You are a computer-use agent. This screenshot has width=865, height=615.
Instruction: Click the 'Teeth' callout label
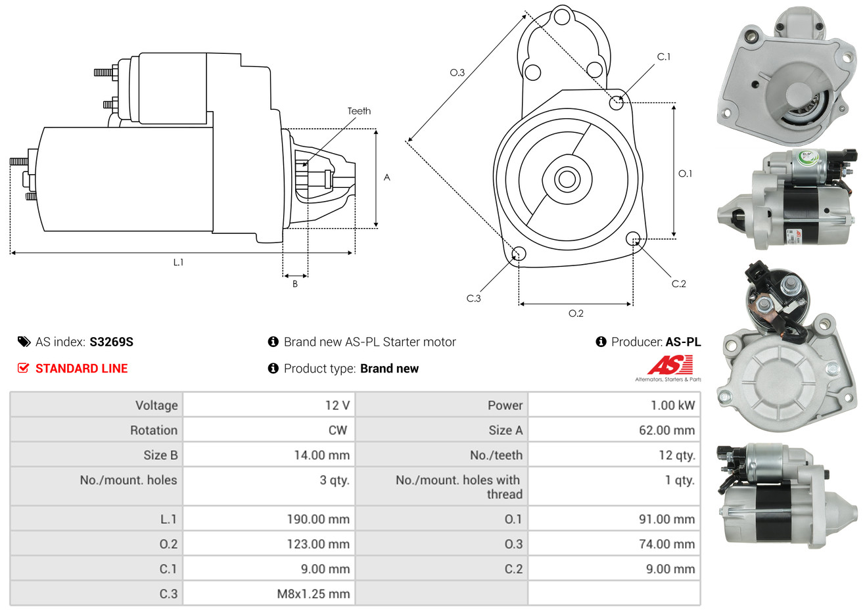(359, 111)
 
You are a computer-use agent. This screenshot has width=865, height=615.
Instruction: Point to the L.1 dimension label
(178, 262)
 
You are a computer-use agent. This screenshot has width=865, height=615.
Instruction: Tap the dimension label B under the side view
(295, 284)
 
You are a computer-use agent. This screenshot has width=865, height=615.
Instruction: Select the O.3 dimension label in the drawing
(457, 72)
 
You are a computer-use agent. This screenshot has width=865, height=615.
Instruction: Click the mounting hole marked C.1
(617, 102)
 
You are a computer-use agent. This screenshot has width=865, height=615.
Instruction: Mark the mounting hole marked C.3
(519, 254)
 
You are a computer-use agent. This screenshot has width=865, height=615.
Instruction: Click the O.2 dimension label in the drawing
(576, 313)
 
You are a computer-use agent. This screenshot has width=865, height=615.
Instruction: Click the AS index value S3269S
(111, 342)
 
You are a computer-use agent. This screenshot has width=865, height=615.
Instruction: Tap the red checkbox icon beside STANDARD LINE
(24, 368)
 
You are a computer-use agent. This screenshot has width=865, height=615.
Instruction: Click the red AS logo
(670, 365)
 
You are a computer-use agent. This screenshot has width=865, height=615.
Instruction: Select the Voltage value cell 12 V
(337, 405)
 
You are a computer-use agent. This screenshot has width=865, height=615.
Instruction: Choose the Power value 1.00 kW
(672, 405)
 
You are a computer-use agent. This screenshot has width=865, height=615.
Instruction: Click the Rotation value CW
(338, 430)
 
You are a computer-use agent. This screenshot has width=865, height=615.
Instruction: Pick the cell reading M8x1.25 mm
(313, 594)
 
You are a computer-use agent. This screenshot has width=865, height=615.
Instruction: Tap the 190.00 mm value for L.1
(318, 519)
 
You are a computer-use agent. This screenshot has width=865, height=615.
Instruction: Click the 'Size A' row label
(505, 430)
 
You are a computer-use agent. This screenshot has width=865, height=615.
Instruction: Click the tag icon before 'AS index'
(24, 342)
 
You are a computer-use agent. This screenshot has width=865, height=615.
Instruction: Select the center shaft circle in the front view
(566, 179)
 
